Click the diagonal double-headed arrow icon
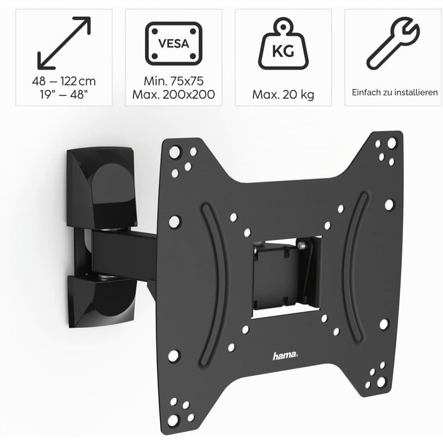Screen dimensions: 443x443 click(x=64, y=43)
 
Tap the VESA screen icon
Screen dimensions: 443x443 click(x=174, y=44)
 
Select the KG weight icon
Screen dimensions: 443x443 click(x=283, y=44)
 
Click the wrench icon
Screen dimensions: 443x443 click(x=393, y=43)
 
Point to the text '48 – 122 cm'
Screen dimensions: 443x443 click(x=64, y=82)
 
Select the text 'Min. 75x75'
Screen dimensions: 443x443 click(x=173, y=81)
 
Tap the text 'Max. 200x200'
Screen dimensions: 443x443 click(x=173, y=94)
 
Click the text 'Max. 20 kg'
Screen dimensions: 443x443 click(x=283, y=95)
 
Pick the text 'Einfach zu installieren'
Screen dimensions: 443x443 click(x=395, y=92)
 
